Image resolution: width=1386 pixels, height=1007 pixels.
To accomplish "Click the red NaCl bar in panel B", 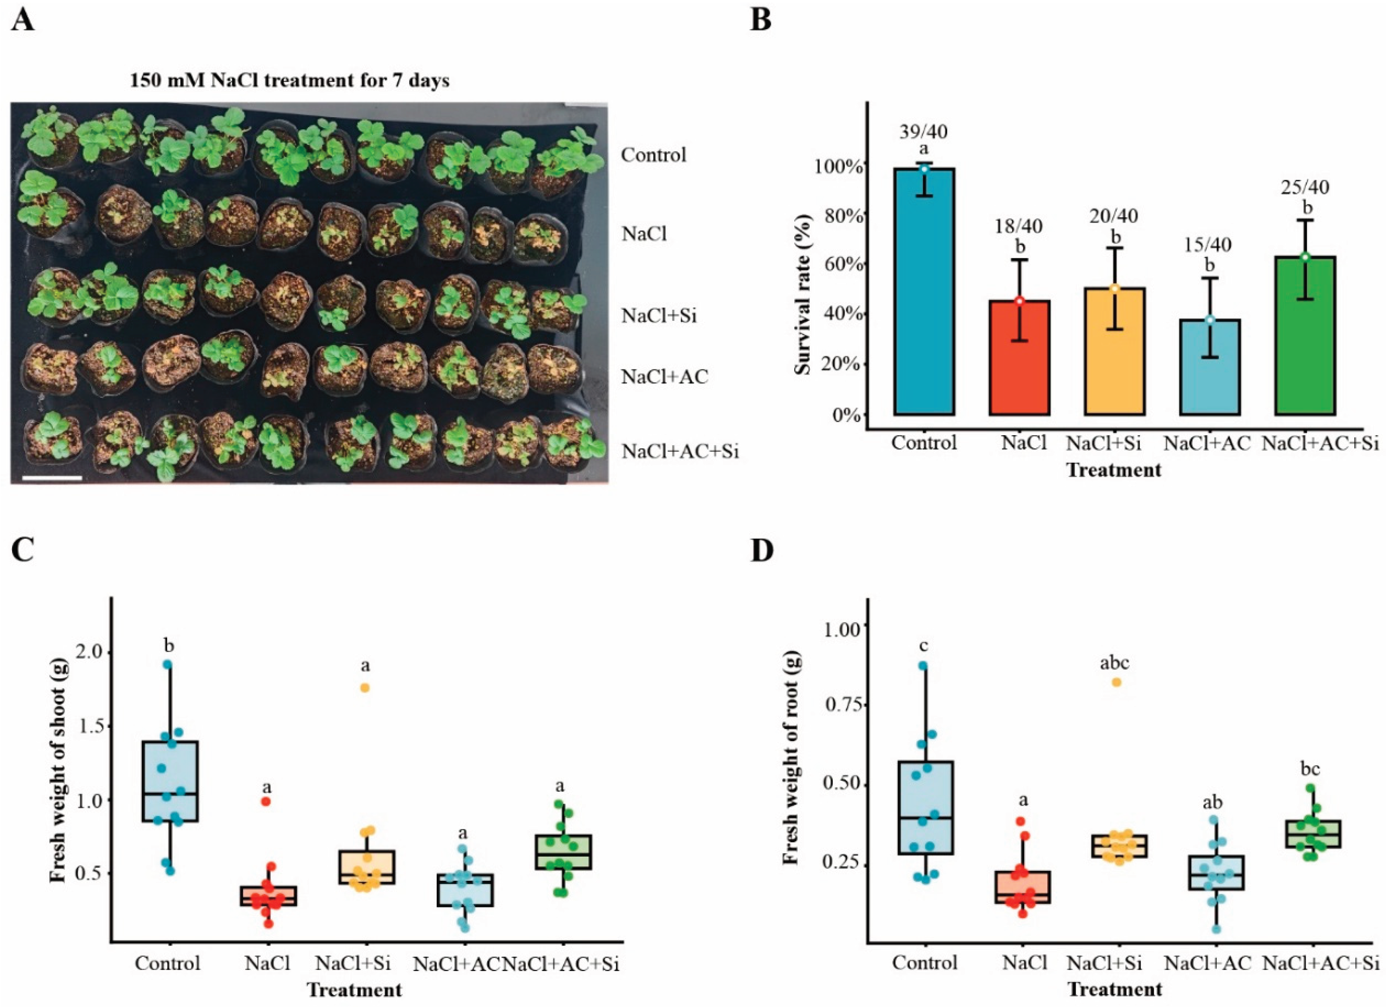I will pos(1019,357).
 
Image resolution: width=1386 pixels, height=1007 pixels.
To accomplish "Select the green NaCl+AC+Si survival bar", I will pos(1305,336).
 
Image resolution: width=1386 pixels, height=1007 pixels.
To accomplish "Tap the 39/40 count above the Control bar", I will pos(924,131).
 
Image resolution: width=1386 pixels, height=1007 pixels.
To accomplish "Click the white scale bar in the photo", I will pos(52,477).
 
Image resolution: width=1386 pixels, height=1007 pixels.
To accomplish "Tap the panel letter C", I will pos(23,551).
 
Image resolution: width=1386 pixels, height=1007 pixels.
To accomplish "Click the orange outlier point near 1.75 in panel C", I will pos(365,687).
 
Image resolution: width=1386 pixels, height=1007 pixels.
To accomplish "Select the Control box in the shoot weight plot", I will pos(169,781).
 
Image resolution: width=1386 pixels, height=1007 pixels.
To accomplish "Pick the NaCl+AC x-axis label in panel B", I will pos(1208,443).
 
